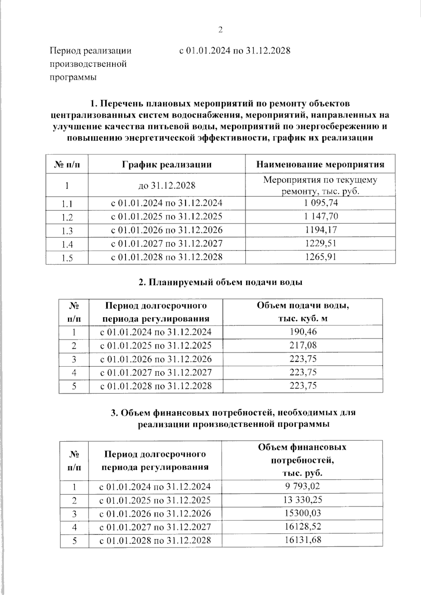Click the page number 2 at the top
pos(220,30)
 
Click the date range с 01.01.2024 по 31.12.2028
pos(235,50)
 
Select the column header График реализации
pos(167,164)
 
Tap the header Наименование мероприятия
pos(320,164)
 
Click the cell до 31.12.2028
pos(167,185)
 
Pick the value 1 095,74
pos(321,203)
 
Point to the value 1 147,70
pos(321,216)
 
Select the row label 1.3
pos(67,231)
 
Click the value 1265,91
pos(321,257)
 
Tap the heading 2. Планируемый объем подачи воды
pos(220,282)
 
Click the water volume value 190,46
pos(303,332)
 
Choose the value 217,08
pos(303,345)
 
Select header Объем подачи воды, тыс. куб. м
pos(303,312)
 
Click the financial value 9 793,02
pos(302,486)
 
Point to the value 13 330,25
pos(302,500)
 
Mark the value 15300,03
pos(302,513)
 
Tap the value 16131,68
pos(302,540)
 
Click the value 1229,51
pos(321,243)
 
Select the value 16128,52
pos(302,527)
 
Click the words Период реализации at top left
pos(91,51)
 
